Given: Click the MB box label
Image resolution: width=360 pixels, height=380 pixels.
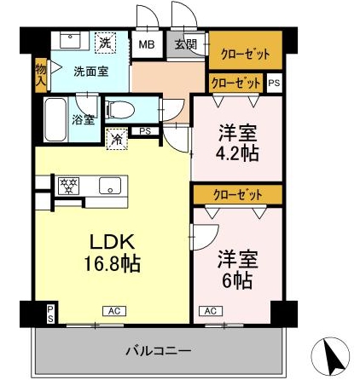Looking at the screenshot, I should click(148, 44).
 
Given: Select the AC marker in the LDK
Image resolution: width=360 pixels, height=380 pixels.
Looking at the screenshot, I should click(112, 311).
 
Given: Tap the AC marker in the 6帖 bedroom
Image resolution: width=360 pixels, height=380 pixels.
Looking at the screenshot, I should click(209, 311).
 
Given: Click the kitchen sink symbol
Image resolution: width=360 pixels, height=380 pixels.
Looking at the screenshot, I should click(109, 185).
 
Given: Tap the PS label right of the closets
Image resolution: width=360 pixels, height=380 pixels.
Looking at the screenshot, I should click(273, 83).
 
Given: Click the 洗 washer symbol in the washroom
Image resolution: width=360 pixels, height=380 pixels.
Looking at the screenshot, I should click(105, 42).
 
